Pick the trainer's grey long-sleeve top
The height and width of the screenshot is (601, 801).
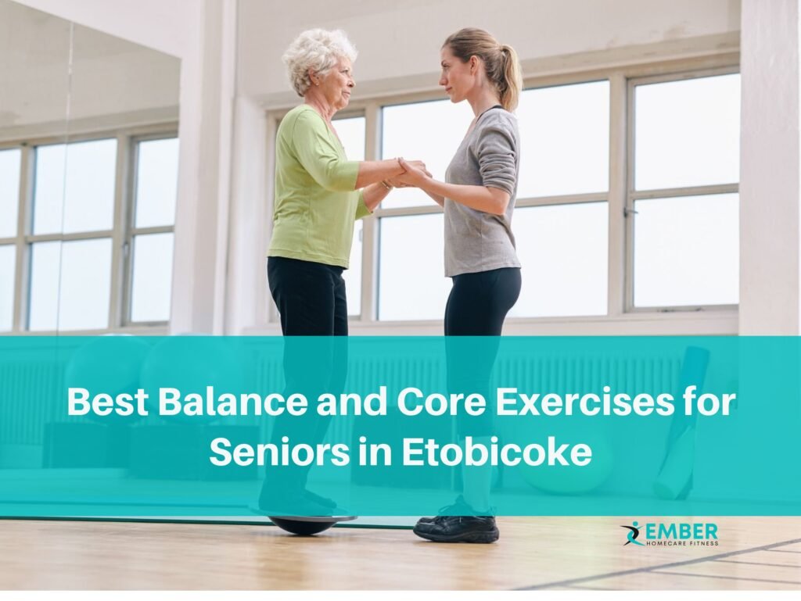(483, 195)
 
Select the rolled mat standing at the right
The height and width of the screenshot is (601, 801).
(682, 422)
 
